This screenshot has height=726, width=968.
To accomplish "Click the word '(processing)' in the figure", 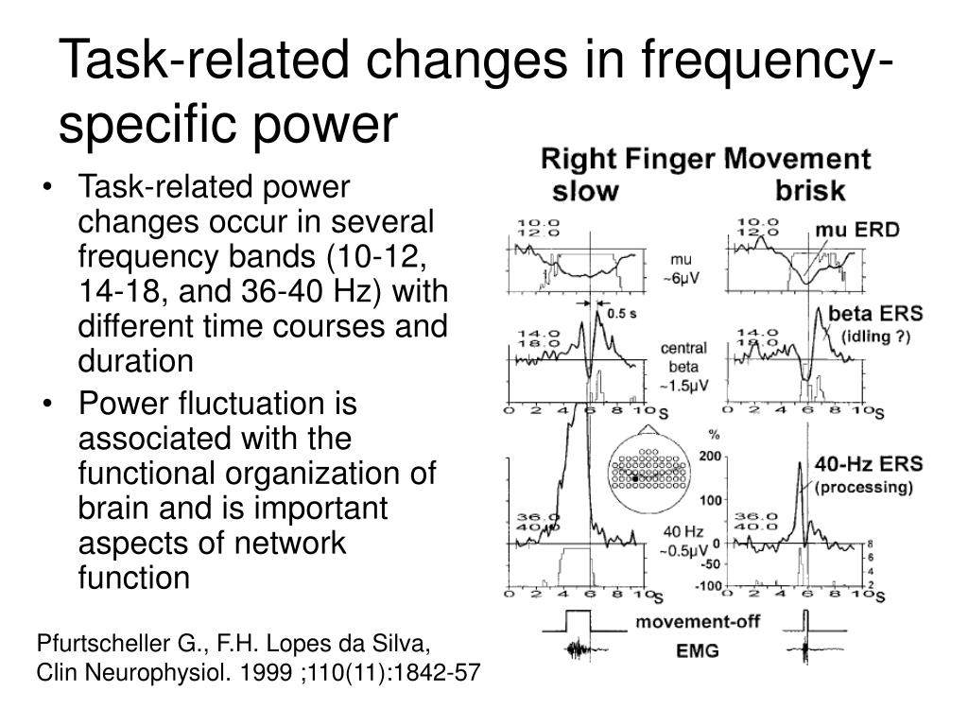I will [863, 488].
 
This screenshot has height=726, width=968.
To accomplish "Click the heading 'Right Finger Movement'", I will [705, 159].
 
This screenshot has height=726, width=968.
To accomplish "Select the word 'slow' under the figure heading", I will [585, 191].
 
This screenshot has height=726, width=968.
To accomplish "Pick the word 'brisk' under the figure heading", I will [810, 191].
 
